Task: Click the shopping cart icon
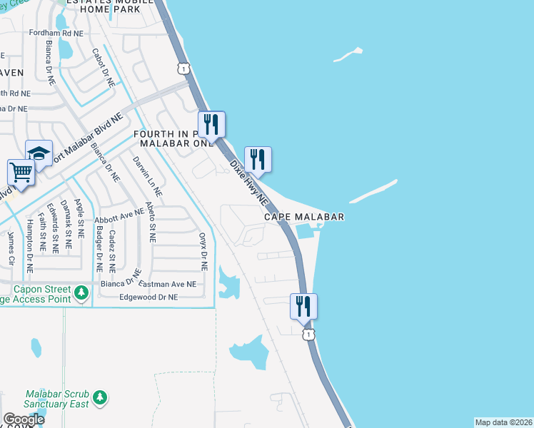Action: click(21, 172)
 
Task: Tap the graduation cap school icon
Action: click(39, 153)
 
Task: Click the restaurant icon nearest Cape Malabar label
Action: click(258, 160)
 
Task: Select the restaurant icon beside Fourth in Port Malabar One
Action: click(211, 124)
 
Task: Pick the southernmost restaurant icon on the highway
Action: click(303, 307)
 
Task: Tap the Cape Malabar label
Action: click(304, 217)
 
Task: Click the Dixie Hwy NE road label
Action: click(248, 180)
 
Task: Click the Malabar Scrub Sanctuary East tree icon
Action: click(100, 397)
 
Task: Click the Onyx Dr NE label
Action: click(203, 251)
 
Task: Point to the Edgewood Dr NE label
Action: click(148, 297)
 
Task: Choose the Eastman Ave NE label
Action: click(167, 284)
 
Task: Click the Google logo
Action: click(24, 419)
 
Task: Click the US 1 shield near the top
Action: click(184, 68)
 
